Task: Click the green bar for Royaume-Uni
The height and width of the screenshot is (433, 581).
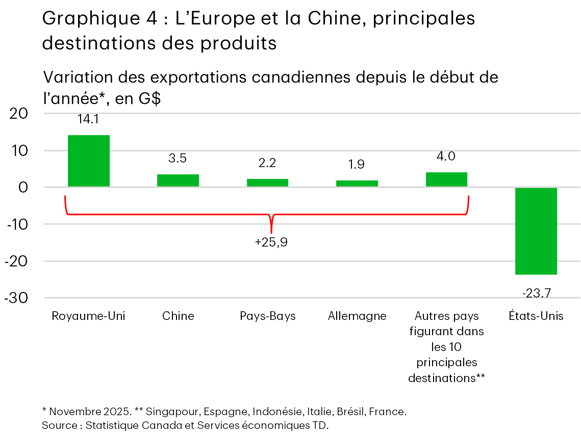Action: point(88,160)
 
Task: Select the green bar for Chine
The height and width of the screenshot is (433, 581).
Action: point(178,180)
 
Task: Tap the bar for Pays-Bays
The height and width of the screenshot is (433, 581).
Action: point(267,182)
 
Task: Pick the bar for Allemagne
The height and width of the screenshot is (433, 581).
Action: point(357,183)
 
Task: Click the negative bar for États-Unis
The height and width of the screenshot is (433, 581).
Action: point(536,231)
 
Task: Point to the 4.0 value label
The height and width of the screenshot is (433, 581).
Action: point(446,156)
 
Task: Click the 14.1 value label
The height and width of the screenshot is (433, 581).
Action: point(88,119)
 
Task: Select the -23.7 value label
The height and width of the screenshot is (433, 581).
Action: point(536,293)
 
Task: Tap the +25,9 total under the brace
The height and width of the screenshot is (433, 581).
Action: point(271,242)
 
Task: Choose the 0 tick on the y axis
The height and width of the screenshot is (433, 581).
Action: point(23,187)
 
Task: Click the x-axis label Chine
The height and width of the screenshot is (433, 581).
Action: point(178,316)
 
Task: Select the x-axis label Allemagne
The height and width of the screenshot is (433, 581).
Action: point(357,316)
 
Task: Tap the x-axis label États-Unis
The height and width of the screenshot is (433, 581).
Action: point(536,316)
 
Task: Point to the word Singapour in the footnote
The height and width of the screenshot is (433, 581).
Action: point(167,412)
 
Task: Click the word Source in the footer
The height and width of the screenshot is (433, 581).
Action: point(59,425)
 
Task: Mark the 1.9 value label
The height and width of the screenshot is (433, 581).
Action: point(357,165)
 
